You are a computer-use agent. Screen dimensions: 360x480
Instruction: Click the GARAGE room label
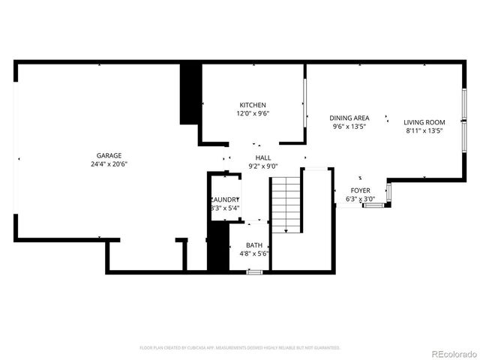[x=109, y=156]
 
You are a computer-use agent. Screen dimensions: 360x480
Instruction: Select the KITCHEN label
[x=253, y=105]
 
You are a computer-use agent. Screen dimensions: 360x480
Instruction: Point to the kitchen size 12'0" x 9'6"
[x=253, y=113]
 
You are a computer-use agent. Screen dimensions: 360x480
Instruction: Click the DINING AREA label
[x=350, y=118]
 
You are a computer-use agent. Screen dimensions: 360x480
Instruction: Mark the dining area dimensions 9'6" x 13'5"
[x=350, y=126]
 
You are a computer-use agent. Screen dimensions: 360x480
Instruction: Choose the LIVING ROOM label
[x=424, y=122]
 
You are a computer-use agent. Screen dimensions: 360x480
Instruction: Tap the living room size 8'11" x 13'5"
[x=424, y=130]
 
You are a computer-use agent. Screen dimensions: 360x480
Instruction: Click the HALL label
[x=262, y=157]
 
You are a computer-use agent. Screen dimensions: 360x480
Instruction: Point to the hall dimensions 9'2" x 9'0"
[x=262, y=166]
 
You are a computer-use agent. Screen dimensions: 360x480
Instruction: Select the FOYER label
[x=360, y=191]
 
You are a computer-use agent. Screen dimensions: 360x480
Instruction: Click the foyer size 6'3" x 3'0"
[x=360, y=199]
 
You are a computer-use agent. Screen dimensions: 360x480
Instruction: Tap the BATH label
[x=254, y=245]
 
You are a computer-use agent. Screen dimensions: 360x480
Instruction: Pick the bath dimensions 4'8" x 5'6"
[x=254, y=253]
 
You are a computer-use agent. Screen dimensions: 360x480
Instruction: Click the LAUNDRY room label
[x=225, y=199]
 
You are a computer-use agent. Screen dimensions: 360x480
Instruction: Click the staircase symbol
[x=285, y=204]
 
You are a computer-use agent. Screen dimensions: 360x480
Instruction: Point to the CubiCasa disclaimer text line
[x=240, y=348]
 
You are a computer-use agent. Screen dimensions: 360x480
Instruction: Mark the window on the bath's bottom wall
[x=255, y=271]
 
